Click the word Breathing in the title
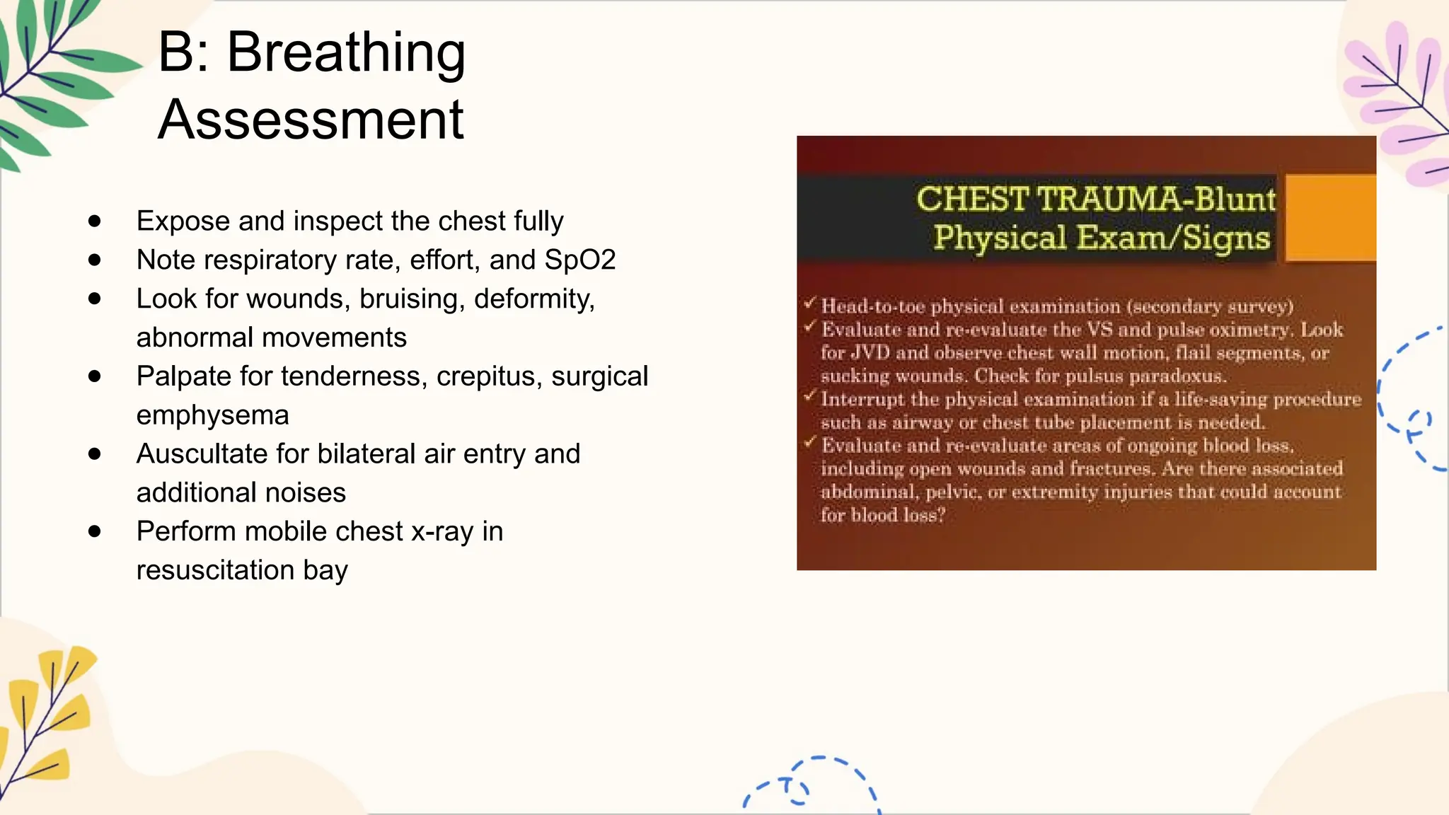click(x=346, y=53)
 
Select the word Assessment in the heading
click(x=311, y=120)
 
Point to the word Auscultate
click(x=202, y=454)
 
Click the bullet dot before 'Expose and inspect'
click(x=95, y=221)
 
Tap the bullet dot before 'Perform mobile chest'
click(x=95, y=531)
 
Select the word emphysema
click(x=212, y=415)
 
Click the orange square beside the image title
click(x=1330, y=218)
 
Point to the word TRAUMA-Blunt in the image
click(x=1157, y=200)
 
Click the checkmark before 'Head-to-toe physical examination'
click(x=810, y=304)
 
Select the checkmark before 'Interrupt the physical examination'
click(x=810, y=397)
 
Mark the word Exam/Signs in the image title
click(x=1173, y=238)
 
